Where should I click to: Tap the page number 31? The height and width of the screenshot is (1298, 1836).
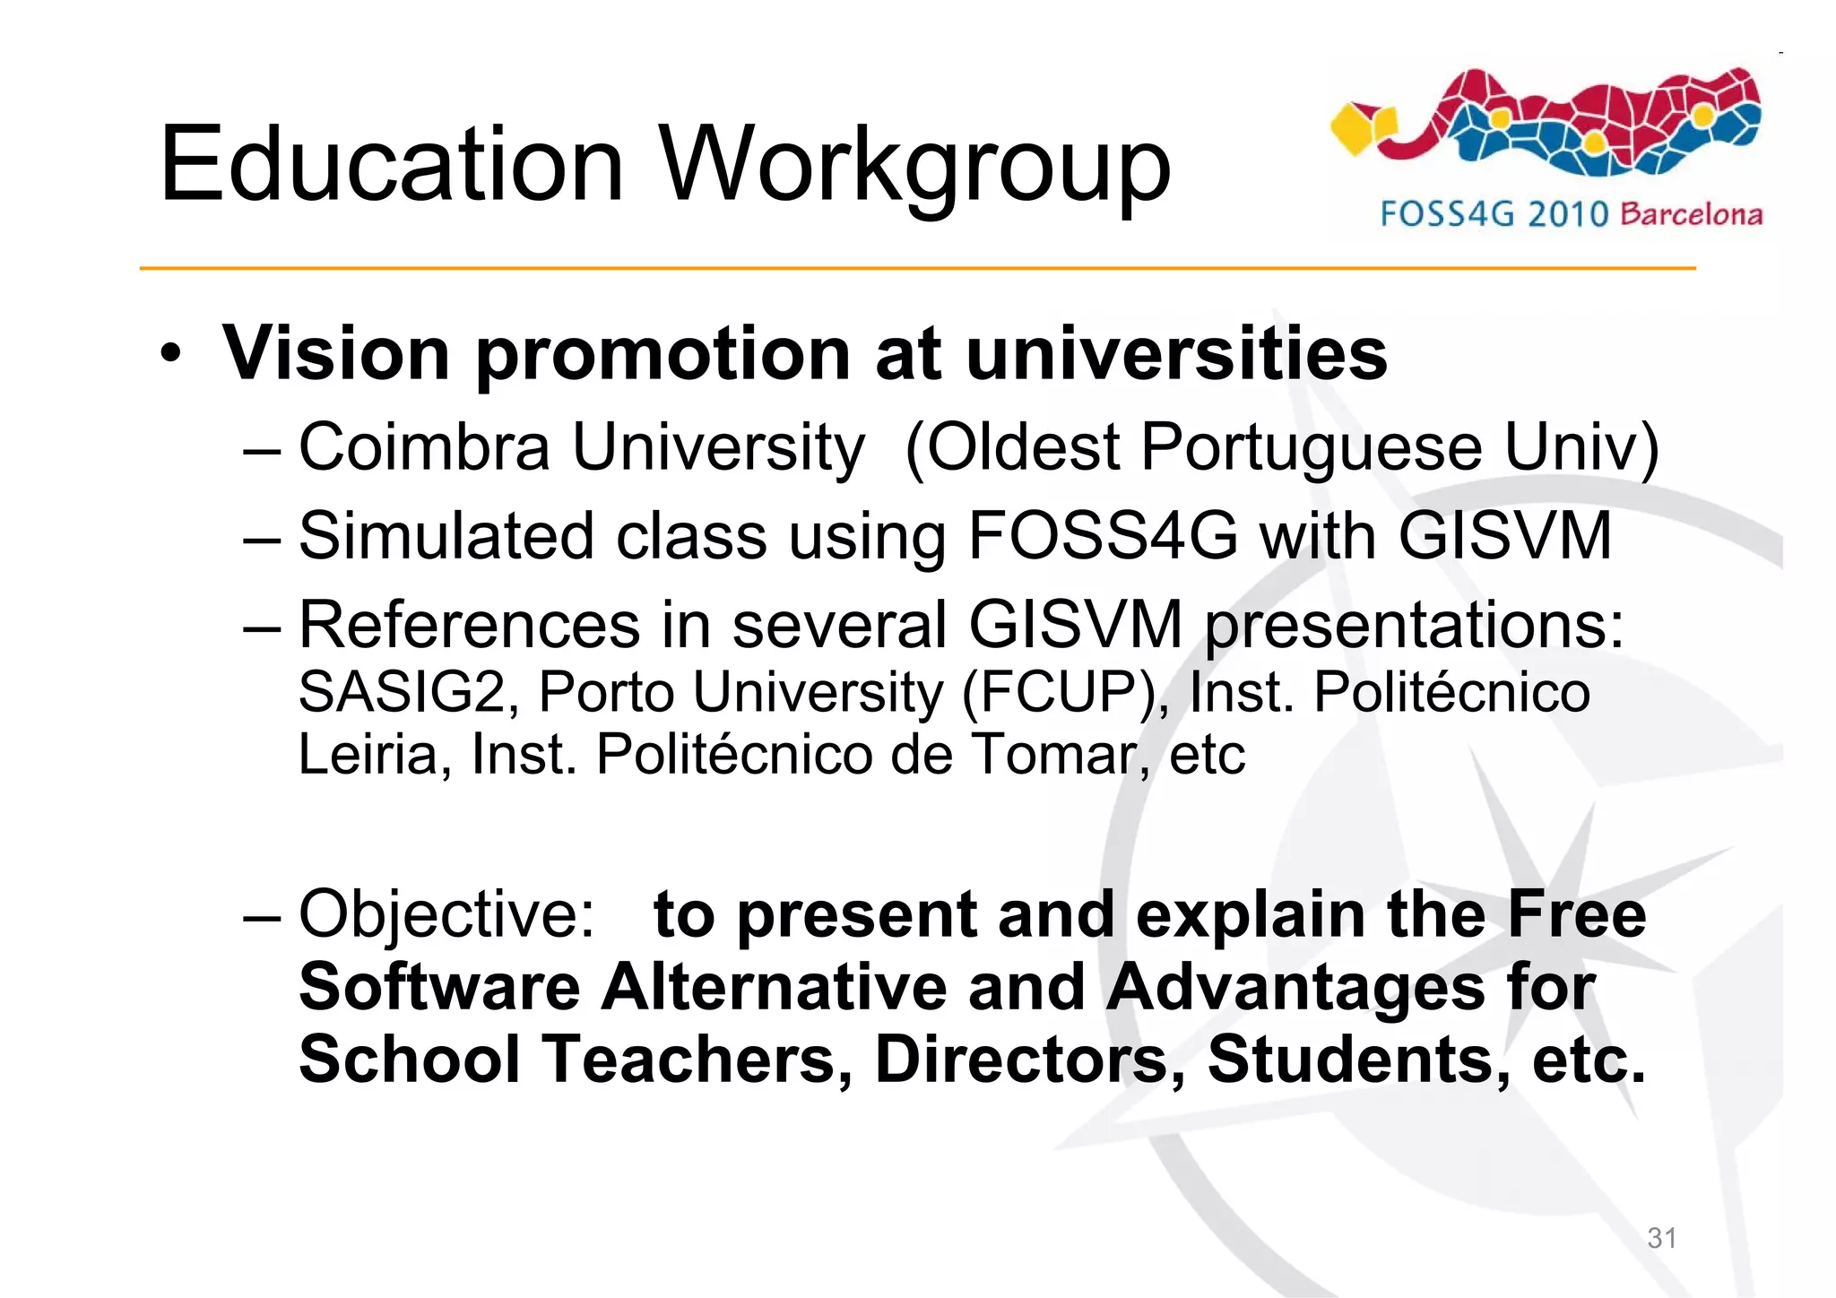pos(1661,1238)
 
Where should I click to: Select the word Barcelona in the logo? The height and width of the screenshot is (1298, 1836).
pos(1691,214)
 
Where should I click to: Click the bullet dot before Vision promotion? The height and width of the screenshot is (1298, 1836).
pos(170,354)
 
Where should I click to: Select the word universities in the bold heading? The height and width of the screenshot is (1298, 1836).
pos(1176,353)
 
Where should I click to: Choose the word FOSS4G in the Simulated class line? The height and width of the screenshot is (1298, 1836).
pos(1103,536)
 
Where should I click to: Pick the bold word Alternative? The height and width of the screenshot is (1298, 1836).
pos(774,988)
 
